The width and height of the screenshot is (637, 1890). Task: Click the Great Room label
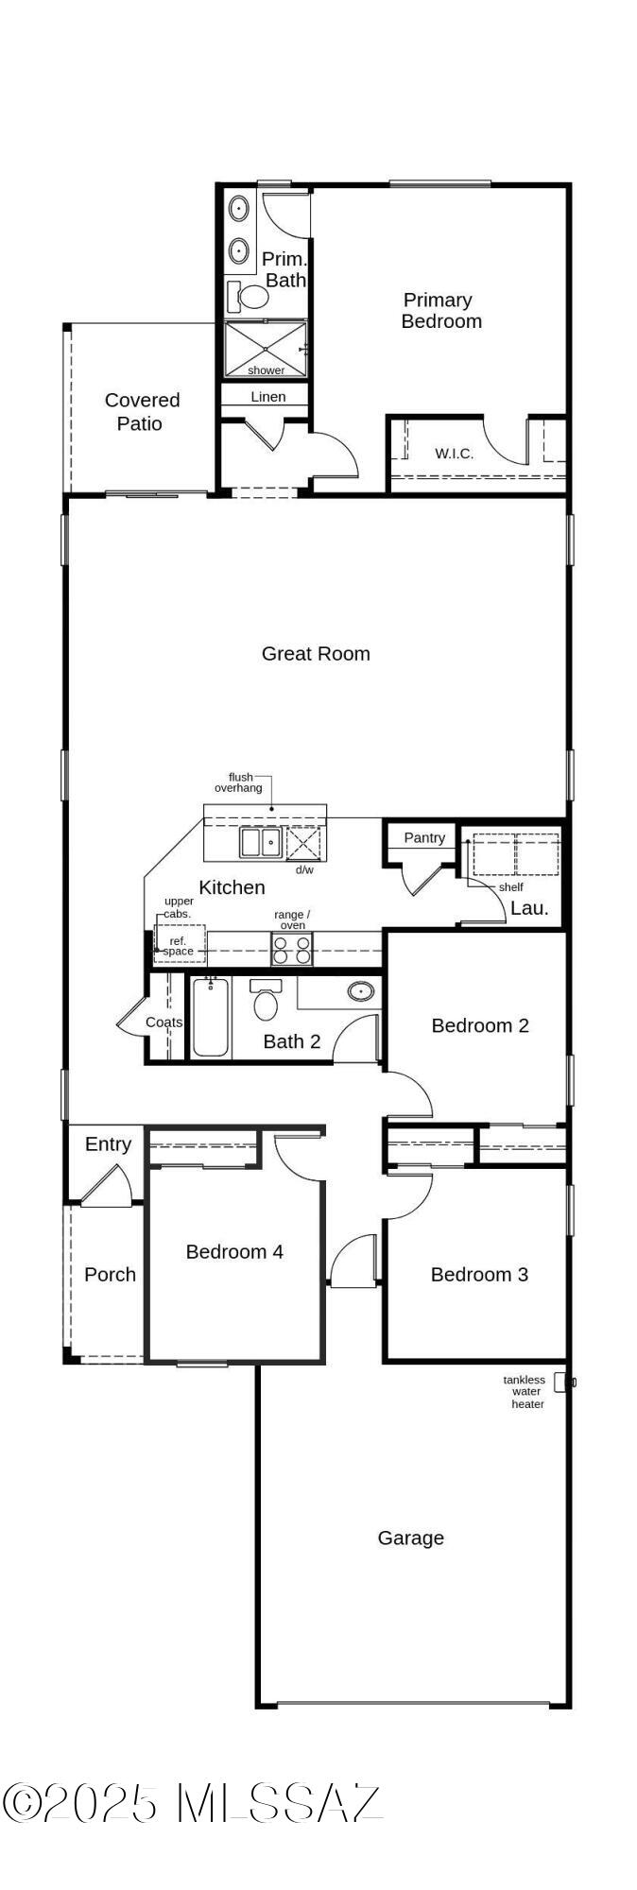click(x=316, y=653)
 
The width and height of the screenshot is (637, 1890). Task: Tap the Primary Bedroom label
click(x=440, y=310)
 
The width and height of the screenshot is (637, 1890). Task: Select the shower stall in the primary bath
click(x=266, y=349)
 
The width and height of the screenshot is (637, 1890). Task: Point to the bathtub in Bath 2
click(x=210, y=1017)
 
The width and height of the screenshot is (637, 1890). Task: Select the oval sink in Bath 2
click(x=360, y=991)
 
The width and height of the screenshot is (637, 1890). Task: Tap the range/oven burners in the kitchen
click(x=292, y=948)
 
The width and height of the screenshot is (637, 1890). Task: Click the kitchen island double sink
click(x=260, y=841)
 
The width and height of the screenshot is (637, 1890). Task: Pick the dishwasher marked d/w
click(x=303, y=842)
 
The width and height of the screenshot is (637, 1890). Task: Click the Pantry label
click(x=424, y=837)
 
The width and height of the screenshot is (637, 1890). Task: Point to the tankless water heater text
click(x=525, y=1392)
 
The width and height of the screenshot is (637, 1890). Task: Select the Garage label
click(x=410, y=1538)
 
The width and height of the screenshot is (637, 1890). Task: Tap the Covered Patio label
click(x=141, y=412)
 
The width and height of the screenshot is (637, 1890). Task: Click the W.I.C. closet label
click(x=454, y=454)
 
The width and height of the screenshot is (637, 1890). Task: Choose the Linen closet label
click(x=267, y=397)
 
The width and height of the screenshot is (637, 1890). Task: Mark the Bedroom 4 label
click(x=234, y=1251)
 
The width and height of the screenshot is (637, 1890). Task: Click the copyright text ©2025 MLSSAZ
click(x=192, y=1803)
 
